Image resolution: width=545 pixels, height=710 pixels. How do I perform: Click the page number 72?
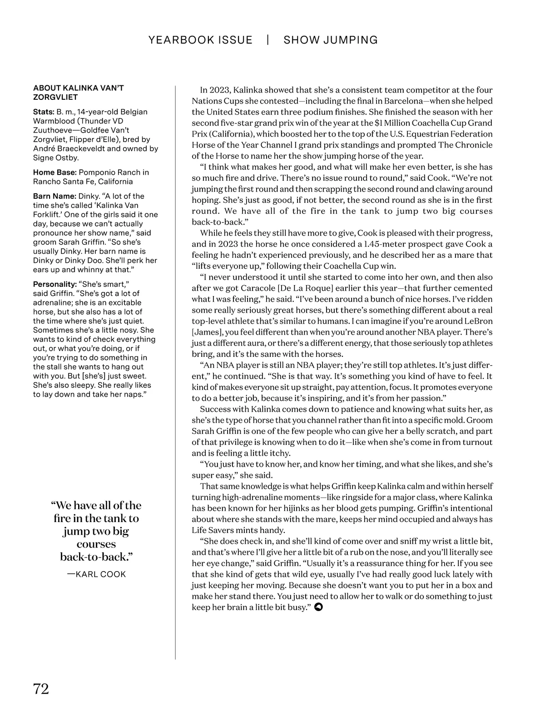point(41,689)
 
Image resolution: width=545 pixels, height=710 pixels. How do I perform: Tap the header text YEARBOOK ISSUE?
point(200,40)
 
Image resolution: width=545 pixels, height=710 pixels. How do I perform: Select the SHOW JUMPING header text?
point(331,40)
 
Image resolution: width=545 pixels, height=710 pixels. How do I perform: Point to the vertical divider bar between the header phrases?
point(268,40)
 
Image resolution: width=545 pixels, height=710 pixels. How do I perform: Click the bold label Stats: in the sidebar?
point(44,112)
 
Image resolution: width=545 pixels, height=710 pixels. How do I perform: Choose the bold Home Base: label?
point(54,173)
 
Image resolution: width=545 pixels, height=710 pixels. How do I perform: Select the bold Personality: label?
point(55,284)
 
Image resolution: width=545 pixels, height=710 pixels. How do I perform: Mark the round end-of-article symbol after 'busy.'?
point(318,607)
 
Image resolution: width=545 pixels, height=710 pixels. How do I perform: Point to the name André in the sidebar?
point(44,148)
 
